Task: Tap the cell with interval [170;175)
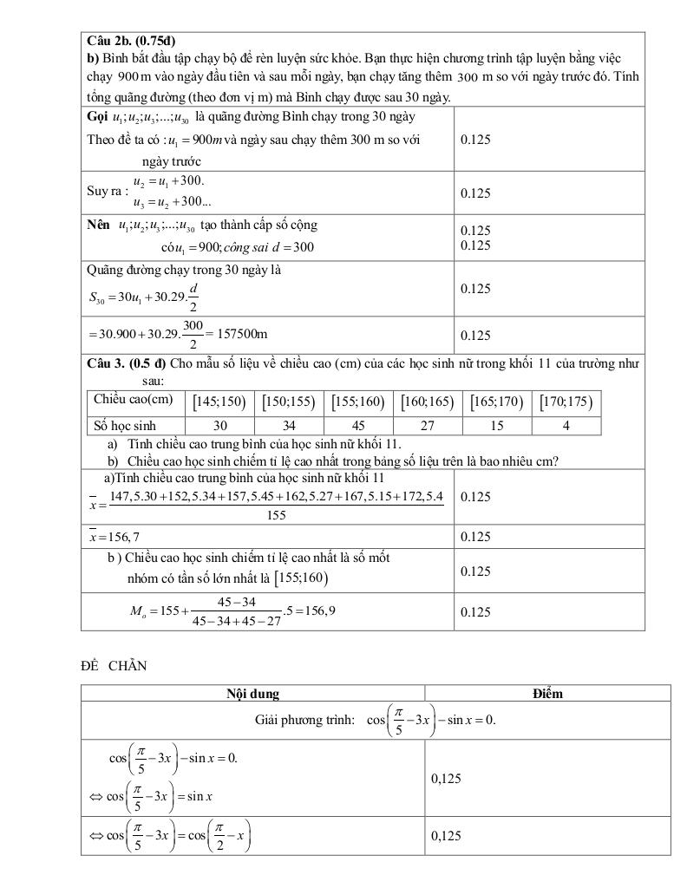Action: (566, 402)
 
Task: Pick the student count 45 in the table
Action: (358, 426)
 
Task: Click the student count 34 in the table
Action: (289, 426)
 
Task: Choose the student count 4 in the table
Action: (566, 426)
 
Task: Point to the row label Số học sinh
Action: (125, 426)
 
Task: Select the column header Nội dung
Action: (252, 693)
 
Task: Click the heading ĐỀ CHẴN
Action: (114, 666)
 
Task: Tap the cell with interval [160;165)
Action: (428, 402)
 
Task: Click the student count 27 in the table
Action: (428, 426)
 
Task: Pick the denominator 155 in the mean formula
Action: (276, 514)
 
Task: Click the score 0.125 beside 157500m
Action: (475, 336)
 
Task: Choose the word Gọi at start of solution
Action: (98, 116)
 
